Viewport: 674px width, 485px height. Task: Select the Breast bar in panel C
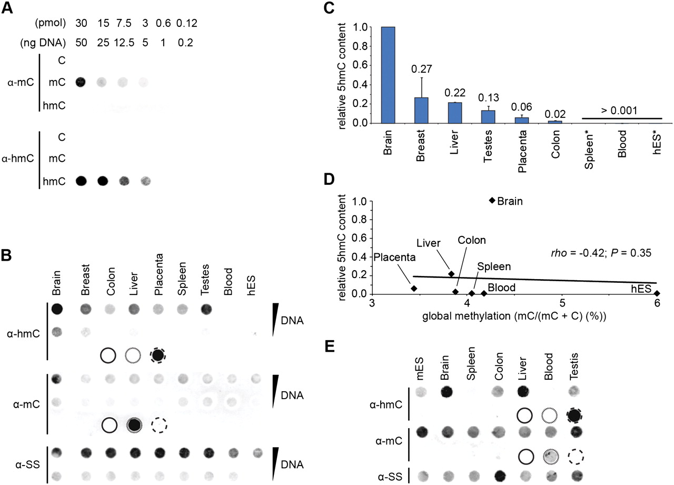point(421,110)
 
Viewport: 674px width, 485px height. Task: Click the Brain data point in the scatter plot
point(492,201)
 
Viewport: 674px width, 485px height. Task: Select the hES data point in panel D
point(657,293)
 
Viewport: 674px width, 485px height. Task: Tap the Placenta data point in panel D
point(414,289)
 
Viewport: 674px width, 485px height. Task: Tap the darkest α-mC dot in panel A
point(81,83)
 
